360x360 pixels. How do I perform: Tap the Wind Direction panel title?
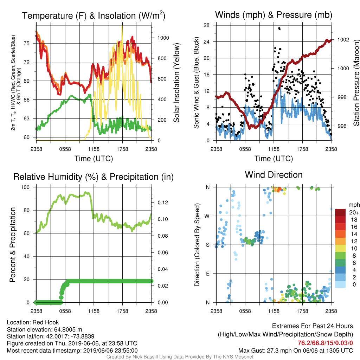274,175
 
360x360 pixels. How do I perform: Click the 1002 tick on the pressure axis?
343,40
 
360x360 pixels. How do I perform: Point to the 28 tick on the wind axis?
206,25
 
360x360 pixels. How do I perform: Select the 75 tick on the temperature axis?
27,43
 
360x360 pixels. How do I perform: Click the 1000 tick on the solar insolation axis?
163,38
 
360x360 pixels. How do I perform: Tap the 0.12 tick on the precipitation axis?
163,203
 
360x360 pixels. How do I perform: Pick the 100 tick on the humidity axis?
25,187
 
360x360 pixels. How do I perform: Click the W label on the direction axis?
207,216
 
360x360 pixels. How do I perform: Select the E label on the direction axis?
207,274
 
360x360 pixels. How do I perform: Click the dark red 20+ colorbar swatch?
340,212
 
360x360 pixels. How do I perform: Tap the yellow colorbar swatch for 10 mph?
340,249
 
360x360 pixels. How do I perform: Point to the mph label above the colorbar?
354,205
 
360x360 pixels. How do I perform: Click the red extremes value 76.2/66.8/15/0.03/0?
325,343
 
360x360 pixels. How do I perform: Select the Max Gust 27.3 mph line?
296,351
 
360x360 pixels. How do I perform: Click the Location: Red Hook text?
33,322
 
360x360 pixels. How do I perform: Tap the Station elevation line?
45,329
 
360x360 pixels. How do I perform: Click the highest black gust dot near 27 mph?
279,29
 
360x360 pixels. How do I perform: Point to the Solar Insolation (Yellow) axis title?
176,83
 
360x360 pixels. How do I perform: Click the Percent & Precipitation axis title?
12,245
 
